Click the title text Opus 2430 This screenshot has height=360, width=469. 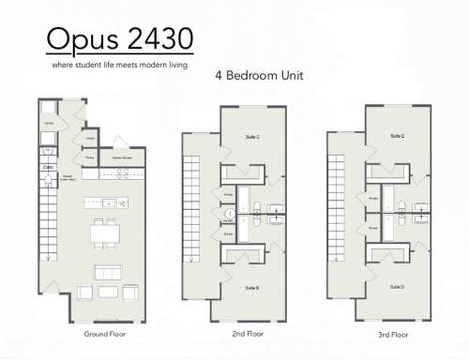point(120,39)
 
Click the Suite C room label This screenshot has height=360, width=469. point(252,138)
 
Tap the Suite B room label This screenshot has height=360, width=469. point(252,287)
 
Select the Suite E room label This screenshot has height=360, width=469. point(398,137)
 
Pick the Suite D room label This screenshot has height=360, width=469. point(398,287)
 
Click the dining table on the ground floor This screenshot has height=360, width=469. point(106,232)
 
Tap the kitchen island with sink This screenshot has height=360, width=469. point(106,202)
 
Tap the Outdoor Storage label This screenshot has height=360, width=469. point(120,157)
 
